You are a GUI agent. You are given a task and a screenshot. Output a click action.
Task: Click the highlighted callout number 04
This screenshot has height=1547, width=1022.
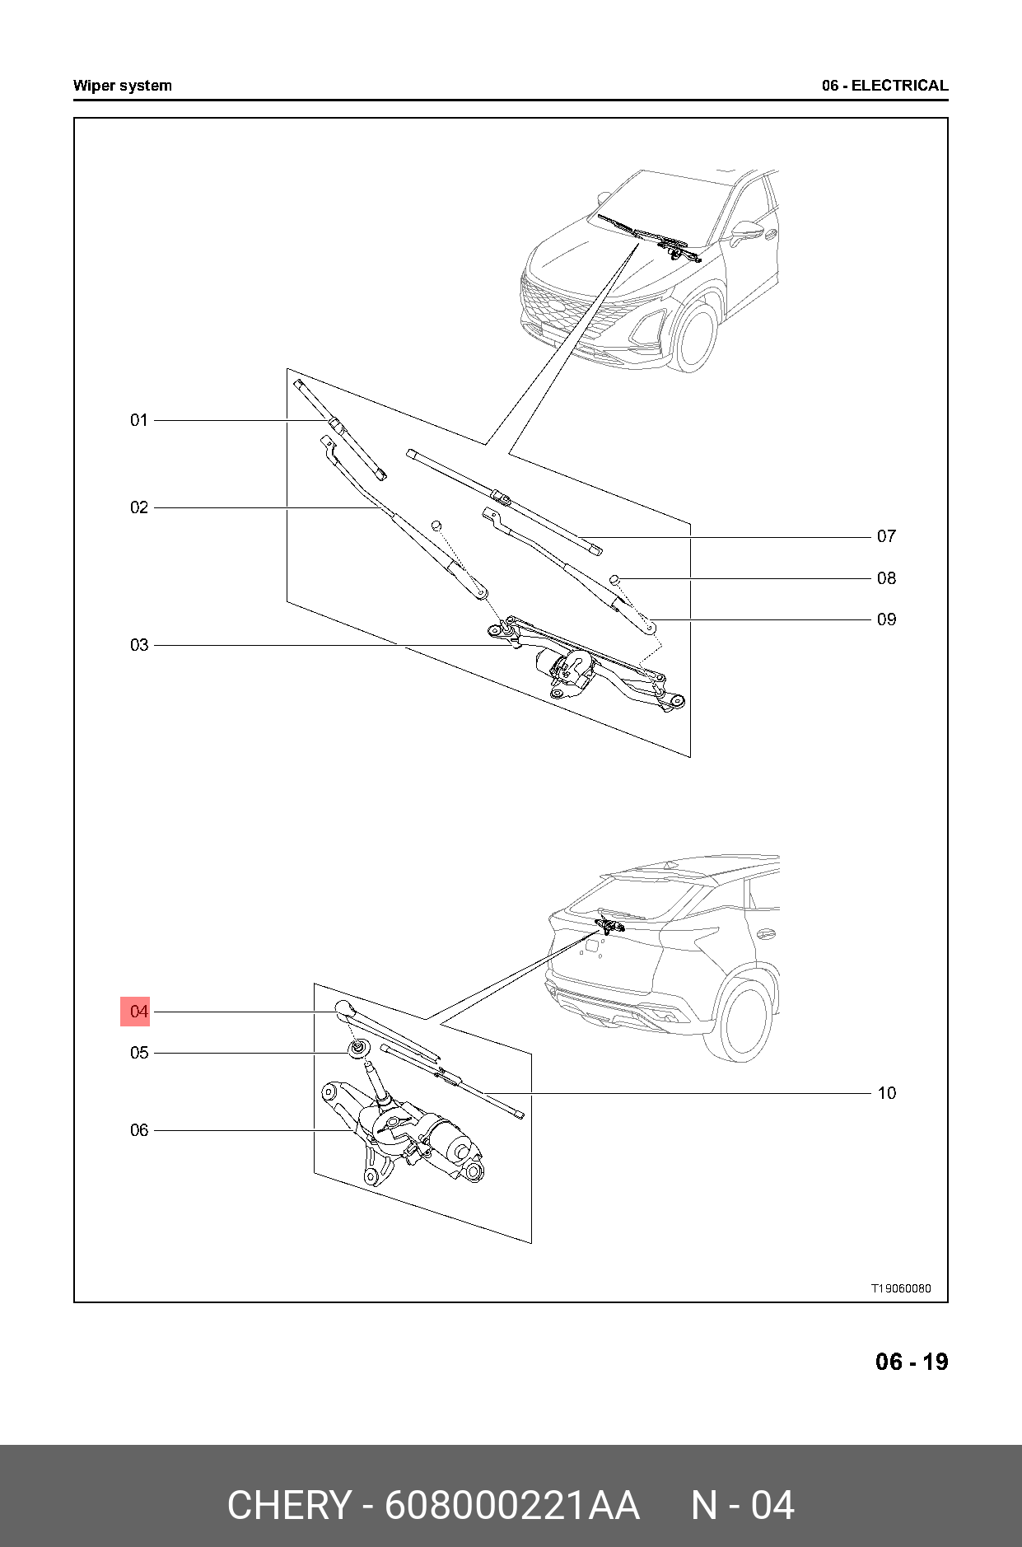pyautogui.click(x=138, y=1011)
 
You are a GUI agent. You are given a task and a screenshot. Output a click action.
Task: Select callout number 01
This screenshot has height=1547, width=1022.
pyautogui.click(x=138, y=420)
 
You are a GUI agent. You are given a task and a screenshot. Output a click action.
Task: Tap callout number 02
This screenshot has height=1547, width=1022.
pyautogui.click(x=138, y=507)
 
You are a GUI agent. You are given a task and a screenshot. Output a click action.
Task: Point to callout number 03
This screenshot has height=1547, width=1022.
pyautogui.click(x=138, y=645)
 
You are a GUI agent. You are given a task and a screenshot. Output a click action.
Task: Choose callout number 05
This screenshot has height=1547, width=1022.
pyautogui.click(x=138, y=1053)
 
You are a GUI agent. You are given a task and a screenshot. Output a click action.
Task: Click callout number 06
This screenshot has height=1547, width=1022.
pyautogui.click(x=138, y=1130)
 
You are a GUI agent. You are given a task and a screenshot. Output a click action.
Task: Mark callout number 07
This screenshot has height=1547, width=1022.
pyautogui.click(x=886, y=536)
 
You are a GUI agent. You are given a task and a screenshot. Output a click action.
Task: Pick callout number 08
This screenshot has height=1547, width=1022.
pyautogui.click(x=886, y=578)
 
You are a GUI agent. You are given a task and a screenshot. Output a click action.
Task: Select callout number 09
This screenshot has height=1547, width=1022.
pyautogui.click(x=886, y=619)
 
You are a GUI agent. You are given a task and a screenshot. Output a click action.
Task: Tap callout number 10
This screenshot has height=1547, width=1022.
pyautogui.click(x=886, y=1093)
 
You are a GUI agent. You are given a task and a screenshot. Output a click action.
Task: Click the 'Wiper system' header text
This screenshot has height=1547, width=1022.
pyautogui.click(x=122, y=86)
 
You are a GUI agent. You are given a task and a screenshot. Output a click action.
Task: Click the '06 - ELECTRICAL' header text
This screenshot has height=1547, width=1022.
pyautogui.click(x=884, y=86)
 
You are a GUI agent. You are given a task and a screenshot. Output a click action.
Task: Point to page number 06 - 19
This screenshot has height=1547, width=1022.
pyautogui.click(x=911, y=1362)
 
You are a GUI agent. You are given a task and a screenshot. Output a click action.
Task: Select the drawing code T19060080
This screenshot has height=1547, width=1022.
pyautogui.click(x=902, y=1288)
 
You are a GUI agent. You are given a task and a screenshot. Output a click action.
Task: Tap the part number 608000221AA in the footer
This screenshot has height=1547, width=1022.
pyautogui.click(x=512, y=1505)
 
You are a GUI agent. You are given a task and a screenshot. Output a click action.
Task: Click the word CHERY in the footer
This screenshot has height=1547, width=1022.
pyautogui.click(x=288, y=1505)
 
